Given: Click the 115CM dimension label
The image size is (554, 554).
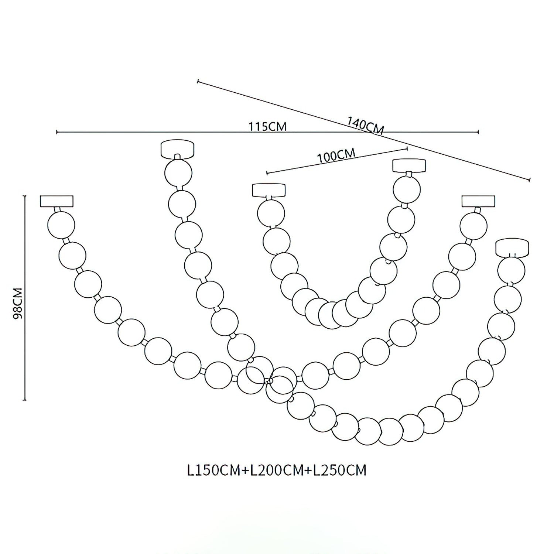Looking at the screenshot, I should pyautogui.click(x=267, y=126).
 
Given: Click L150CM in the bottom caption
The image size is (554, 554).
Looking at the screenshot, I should pyautogui.click(x=214, y=471).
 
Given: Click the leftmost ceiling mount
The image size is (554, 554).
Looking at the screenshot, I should pyautogui.click(x=57, y=201).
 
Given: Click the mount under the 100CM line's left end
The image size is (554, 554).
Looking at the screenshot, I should pyautogui.click(x=269, y=190).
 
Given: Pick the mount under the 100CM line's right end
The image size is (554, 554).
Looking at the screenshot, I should pyautogui.click(x=409, y=165).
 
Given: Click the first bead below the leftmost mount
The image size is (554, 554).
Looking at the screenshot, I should pyautogui.click(x=61, y=225).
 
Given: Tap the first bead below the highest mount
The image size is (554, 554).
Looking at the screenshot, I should pyautogui.click(x=178, y=172).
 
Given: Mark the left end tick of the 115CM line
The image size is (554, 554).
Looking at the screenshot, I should pyautogui.click(x=57, y=132).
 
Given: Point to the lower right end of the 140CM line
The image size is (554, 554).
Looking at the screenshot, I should pyautogui.click(x=530, y=179).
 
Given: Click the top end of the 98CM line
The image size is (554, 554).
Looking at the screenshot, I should pyautogui.click(x=25, y=196).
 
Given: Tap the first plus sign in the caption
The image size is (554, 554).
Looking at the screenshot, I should pyautogui.click(x=246, y=471).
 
